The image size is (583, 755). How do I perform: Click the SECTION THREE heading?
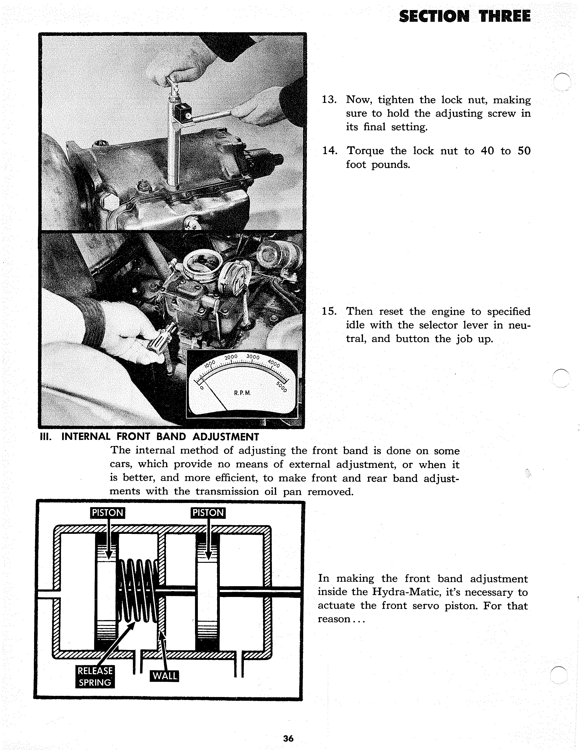465,16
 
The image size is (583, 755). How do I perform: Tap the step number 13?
329,100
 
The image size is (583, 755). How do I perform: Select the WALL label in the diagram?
165,676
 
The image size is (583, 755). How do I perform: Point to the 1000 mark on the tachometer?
210,364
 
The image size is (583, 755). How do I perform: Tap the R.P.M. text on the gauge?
242,393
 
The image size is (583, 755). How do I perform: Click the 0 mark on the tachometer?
202,388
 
